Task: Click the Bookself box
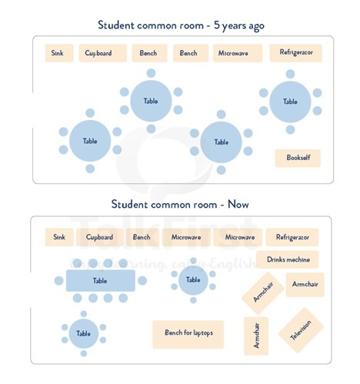(x=298, y=158)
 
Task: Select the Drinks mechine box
(x=288, y=259)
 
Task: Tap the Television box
(x=301, y=330)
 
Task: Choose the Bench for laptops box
(x=188, y=334)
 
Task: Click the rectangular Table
(x=101, y=280)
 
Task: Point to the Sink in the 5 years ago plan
(x=59, y=53)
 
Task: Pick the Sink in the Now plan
(x=59, y=237)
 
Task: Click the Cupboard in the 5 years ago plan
(x=103, y=53)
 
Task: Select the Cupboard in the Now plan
(x=99, y=237)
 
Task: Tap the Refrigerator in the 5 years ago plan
(x=295, y=53)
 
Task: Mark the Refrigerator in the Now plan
(x=292, y=237)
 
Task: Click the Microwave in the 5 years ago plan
(x=238, y=53)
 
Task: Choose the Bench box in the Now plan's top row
(x=142, y=237)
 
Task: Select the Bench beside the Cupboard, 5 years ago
(x=149, y=53)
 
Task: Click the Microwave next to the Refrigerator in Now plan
(x=238, y=237)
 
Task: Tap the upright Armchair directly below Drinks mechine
(x=305, y=285)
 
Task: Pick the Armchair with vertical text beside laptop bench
(x=256, y=336)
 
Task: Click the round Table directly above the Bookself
(x=290, y=102)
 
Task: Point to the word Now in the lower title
(x=238, y=205)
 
